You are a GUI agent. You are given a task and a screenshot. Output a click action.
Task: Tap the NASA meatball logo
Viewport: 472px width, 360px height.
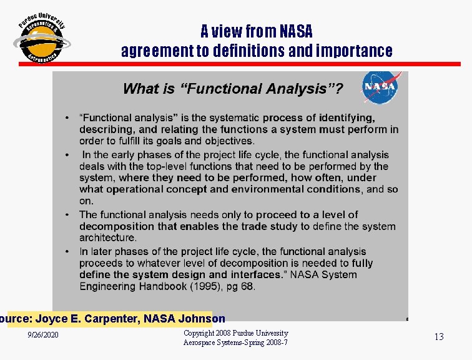(380, 87)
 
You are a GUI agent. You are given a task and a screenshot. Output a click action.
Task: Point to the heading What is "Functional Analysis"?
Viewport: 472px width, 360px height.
(232, 89)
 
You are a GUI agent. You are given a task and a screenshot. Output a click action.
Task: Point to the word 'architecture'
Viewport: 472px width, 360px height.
(107, 238)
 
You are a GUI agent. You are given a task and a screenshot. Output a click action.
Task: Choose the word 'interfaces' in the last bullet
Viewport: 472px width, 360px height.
(255, 275)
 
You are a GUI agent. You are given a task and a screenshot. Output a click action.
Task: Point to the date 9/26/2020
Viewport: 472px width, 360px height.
(43, 336)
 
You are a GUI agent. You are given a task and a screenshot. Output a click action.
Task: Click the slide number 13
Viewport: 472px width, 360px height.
(439, 337)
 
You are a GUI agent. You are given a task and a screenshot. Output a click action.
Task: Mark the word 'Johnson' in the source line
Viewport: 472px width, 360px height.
(202, 319)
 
